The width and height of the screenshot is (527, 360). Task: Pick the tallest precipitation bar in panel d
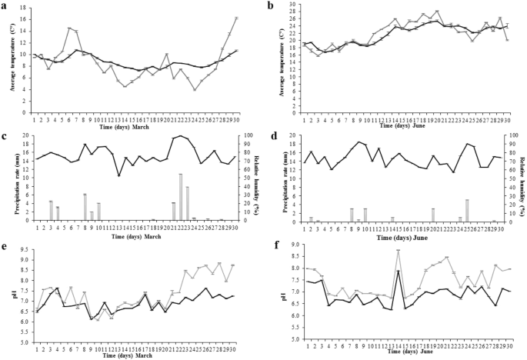click(467, 209)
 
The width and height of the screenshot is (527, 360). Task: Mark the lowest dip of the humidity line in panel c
click(118, 175)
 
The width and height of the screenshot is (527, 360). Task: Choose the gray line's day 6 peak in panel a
click(69, 28)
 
